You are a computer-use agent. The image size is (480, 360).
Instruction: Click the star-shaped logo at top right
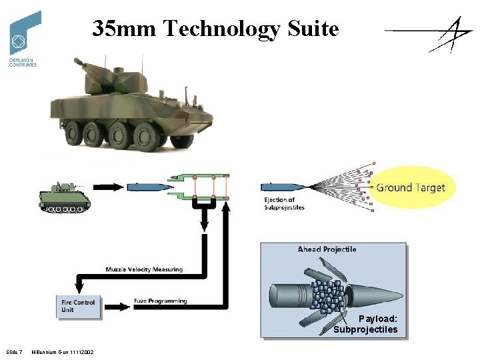433,33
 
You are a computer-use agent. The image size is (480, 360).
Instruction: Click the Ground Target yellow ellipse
410,187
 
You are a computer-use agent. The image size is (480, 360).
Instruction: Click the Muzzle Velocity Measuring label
144,269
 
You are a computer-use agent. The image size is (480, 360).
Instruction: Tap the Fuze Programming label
161,301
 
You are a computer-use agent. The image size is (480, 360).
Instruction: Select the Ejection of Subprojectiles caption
284,203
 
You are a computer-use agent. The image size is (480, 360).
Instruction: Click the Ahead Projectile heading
327,249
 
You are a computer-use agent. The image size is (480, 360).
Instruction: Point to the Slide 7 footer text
14,352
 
